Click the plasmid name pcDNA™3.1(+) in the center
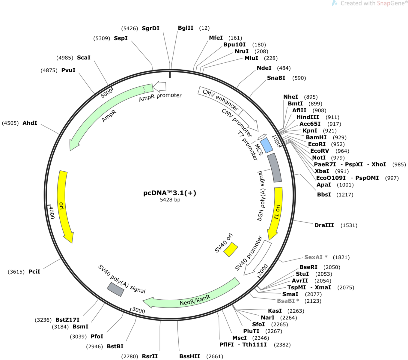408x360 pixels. tap(170, 193)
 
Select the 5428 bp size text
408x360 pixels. tap(170, 200)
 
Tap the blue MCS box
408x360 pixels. tap(267, 145)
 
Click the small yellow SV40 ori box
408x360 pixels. tap(231, 250)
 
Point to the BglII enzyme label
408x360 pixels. tap(186, 28)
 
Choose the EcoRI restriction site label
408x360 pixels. tap(317, 144)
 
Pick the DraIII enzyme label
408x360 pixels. tap(324, 225)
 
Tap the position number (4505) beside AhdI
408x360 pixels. tap(10, 123)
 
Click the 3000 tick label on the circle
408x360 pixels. tap(138, 310)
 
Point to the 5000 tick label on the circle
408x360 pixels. tap(106, 93)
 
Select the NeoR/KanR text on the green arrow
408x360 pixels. tap(195, 300)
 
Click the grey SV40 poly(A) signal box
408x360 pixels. tap(115, 289)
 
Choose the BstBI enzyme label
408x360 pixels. tap(115, 346)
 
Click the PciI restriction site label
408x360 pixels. tap(34, 271)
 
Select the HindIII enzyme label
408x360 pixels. tap(308, 117)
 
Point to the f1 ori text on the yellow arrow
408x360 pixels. tap(277, 212)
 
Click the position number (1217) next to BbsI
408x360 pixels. tap(345, 195)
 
